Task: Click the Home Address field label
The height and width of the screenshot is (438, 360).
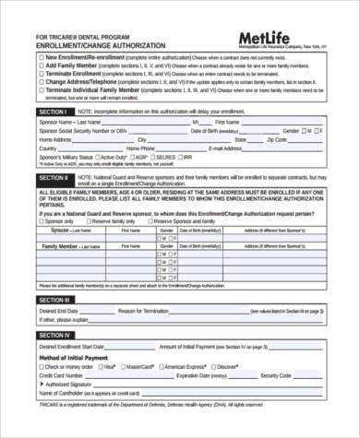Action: tap(54, 139)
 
